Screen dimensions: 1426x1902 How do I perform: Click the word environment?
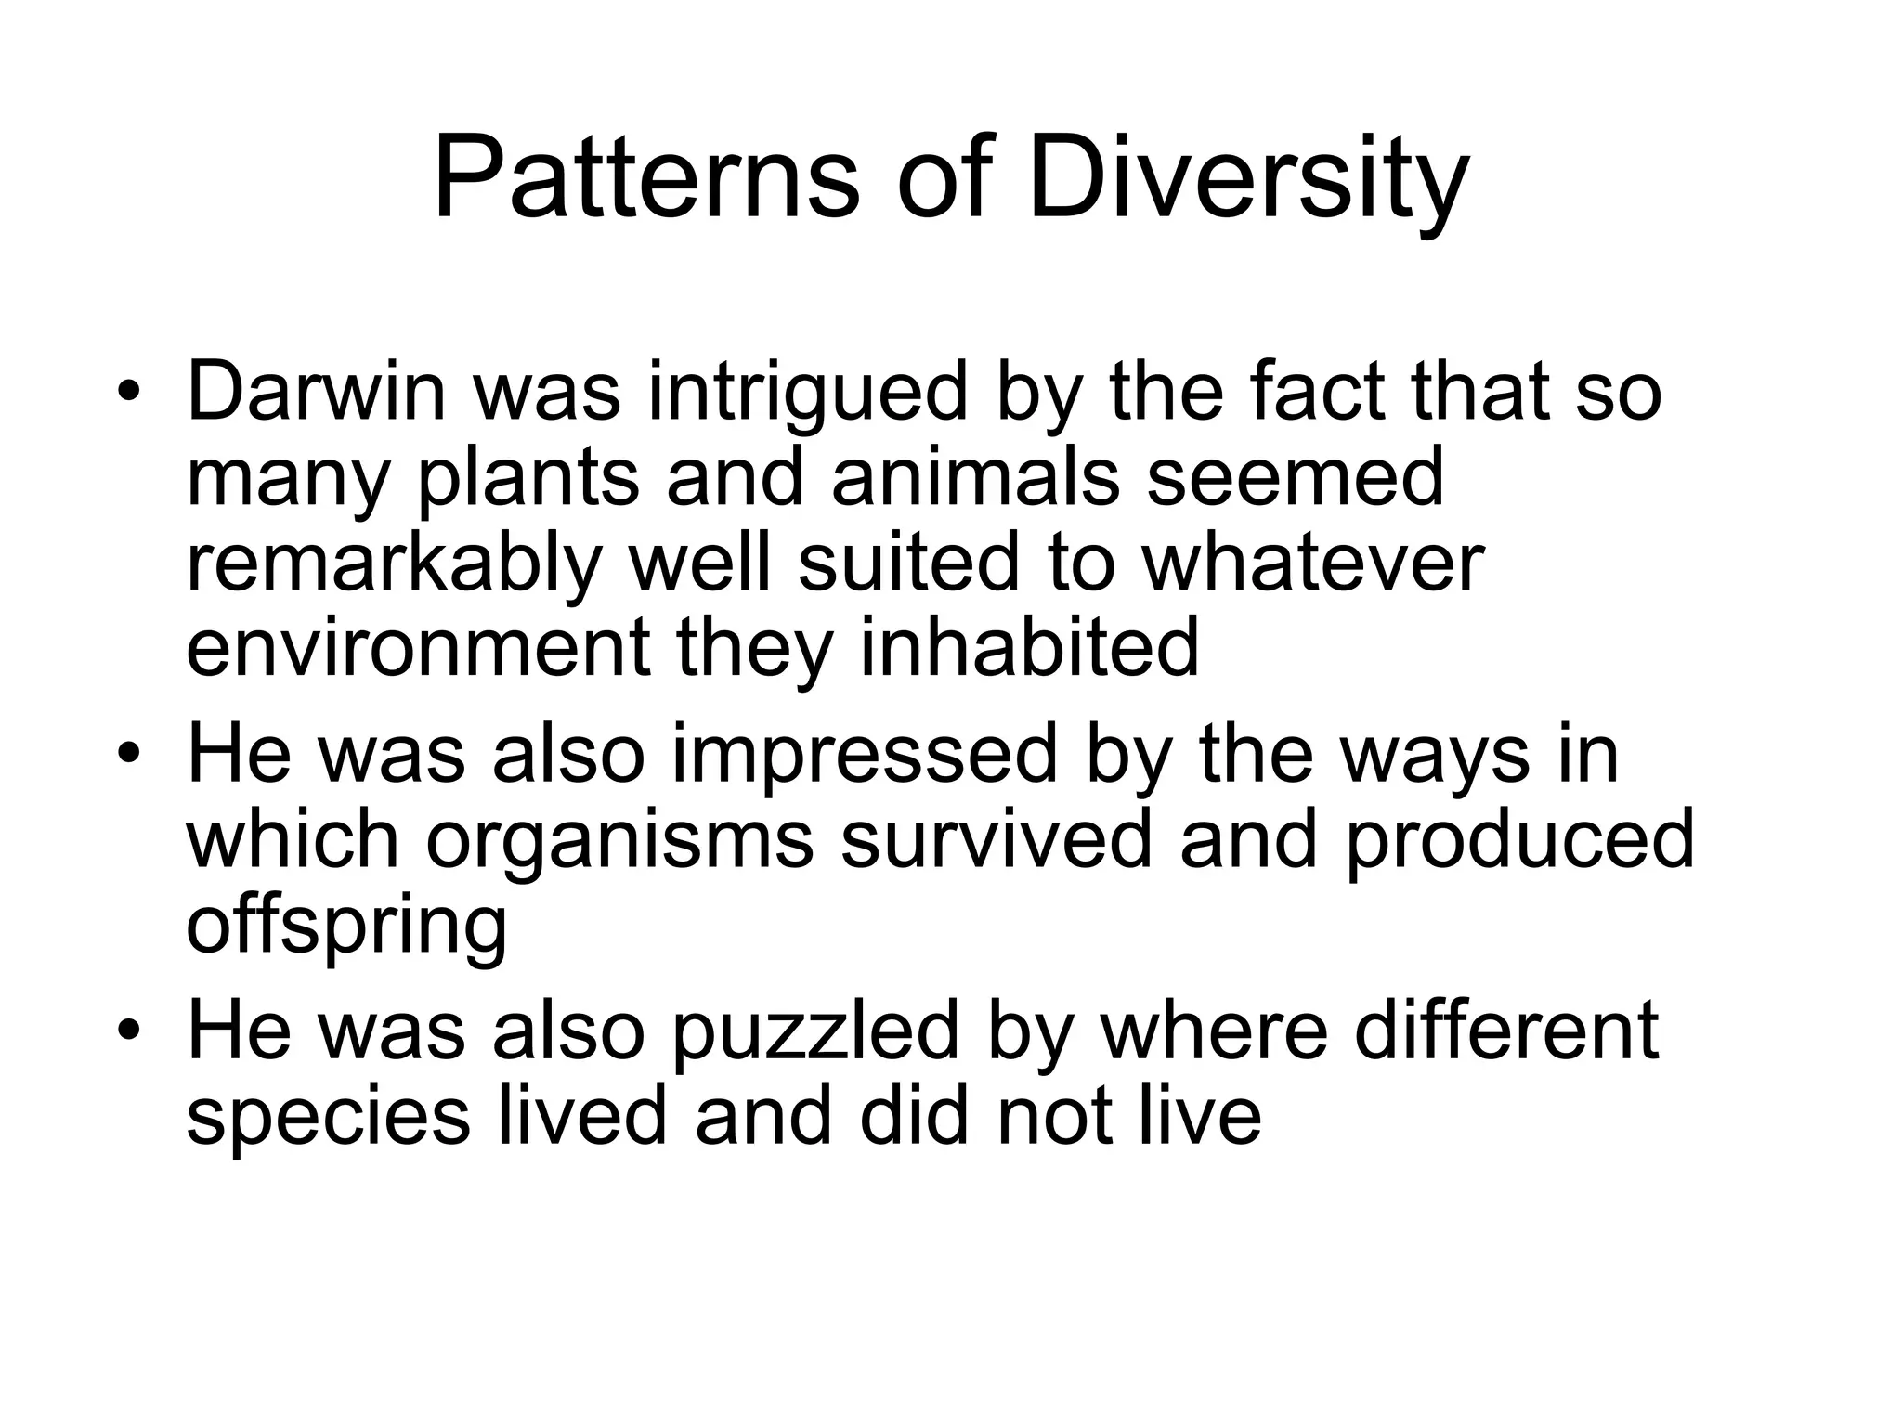[x=418, y=647]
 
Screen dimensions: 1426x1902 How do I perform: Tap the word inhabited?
[x=1029, y=647]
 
